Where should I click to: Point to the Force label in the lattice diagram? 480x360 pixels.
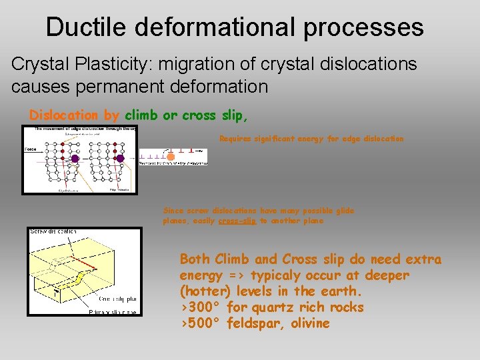(30, 149)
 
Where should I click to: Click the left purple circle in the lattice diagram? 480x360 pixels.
(75, 159)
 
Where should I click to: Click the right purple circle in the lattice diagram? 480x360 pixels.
(121, 159)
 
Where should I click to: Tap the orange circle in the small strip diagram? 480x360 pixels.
(170, 156)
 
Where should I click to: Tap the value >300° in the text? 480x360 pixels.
(201, 307)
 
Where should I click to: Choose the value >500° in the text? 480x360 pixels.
(201, 323)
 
